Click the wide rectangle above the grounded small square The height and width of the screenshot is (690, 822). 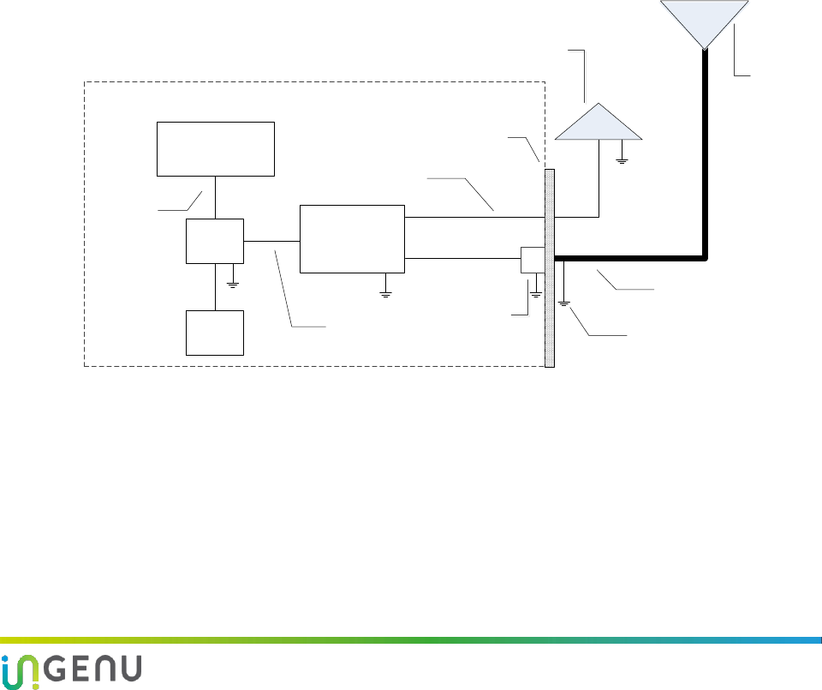click(215, 147)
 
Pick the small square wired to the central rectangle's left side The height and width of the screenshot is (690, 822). click(215, 241)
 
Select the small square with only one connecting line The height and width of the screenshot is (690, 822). click(215, 333)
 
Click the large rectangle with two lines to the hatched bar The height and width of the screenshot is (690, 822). click(351, 238)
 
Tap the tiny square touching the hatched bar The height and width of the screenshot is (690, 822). click(533, 261)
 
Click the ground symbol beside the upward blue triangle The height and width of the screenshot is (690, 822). click(622, 159)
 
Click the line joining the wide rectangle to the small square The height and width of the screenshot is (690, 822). click(215, 196)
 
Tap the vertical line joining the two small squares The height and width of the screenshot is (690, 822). click(215, 286)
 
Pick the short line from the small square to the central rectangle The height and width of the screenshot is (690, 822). click(271, 241)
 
